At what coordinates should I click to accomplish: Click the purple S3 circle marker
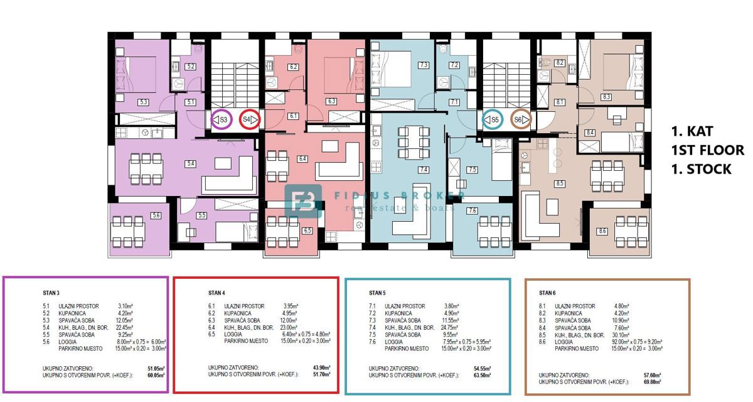pos(220,119)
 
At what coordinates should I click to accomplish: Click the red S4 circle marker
pos(250,119)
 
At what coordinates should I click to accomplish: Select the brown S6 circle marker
pos(521,119)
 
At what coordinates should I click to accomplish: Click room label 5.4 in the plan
pos(191,164)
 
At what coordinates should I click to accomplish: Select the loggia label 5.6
pos(156,215)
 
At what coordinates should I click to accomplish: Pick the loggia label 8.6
pos(602,232)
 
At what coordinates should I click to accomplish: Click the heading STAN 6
pos(548,292)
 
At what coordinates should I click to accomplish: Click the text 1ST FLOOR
pos(708,151)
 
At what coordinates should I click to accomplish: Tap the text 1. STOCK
pos(701,170)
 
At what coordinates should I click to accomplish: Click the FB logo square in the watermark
pos(304,200)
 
